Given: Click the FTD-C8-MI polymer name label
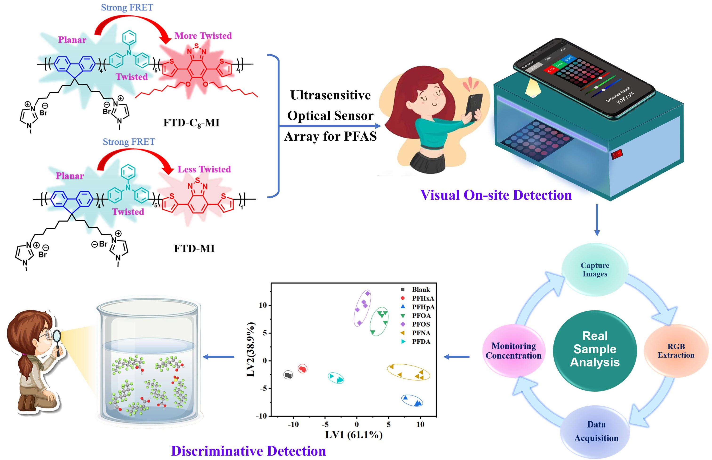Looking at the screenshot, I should click(191, 123).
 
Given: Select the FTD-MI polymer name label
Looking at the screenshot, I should click(194, 248).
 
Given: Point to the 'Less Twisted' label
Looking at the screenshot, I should click(204, 169).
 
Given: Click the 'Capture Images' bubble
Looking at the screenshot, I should click(595, 269).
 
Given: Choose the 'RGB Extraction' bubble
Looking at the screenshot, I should click(676, 351).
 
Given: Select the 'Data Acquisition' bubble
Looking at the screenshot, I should click(596, 431).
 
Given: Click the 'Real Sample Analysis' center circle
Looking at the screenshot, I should click(595, 349).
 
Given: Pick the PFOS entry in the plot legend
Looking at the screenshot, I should click(421, 324).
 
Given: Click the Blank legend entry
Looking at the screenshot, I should click(421, 289).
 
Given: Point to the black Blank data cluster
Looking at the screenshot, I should click(288, 375).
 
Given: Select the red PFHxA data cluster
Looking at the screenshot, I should click(303, 369).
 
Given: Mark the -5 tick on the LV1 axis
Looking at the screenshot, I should click(325, 424).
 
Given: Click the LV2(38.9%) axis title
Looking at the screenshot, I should click(251, 350).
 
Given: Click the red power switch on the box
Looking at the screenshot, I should click(617, 154).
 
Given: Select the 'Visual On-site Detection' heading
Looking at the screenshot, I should click(496, 195).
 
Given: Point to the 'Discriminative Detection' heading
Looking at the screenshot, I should click(248, 451).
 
